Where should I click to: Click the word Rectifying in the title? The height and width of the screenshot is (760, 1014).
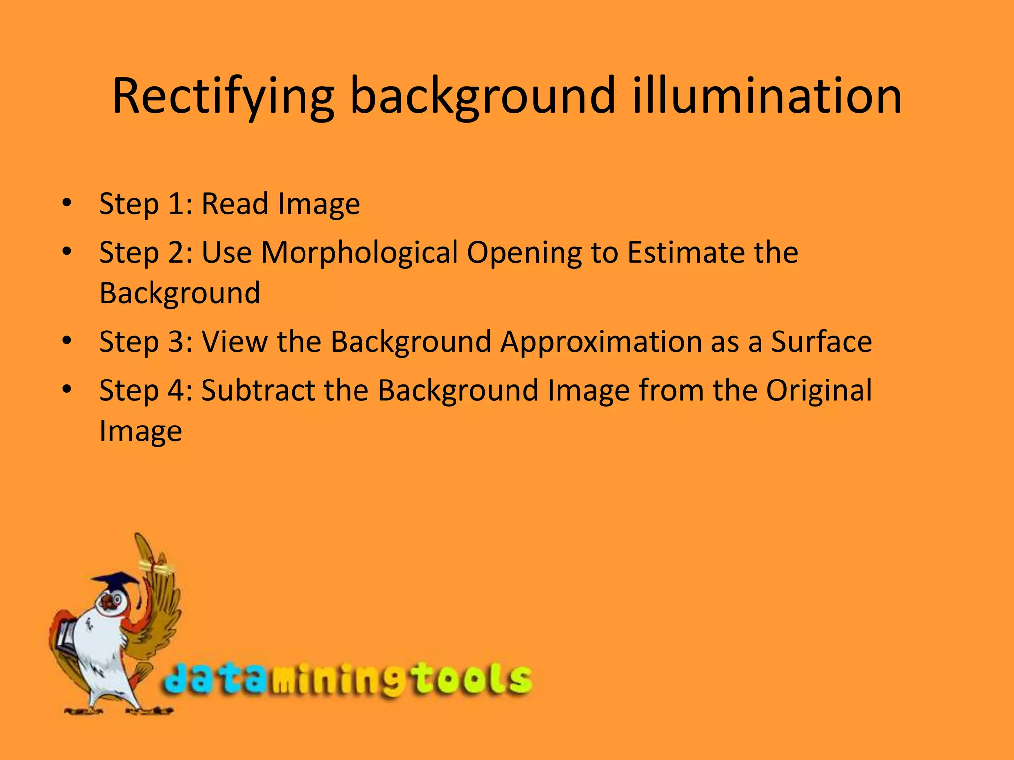(223, 96)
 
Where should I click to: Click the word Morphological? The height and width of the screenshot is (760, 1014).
(359, 253)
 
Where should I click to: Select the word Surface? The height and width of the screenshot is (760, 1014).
(821, 341)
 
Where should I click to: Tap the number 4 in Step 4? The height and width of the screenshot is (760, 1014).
(176, 390)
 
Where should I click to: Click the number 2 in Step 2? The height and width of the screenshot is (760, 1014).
(176, 253)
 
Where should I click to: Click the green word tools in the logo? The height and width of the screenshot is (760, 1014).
(470, 680)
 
